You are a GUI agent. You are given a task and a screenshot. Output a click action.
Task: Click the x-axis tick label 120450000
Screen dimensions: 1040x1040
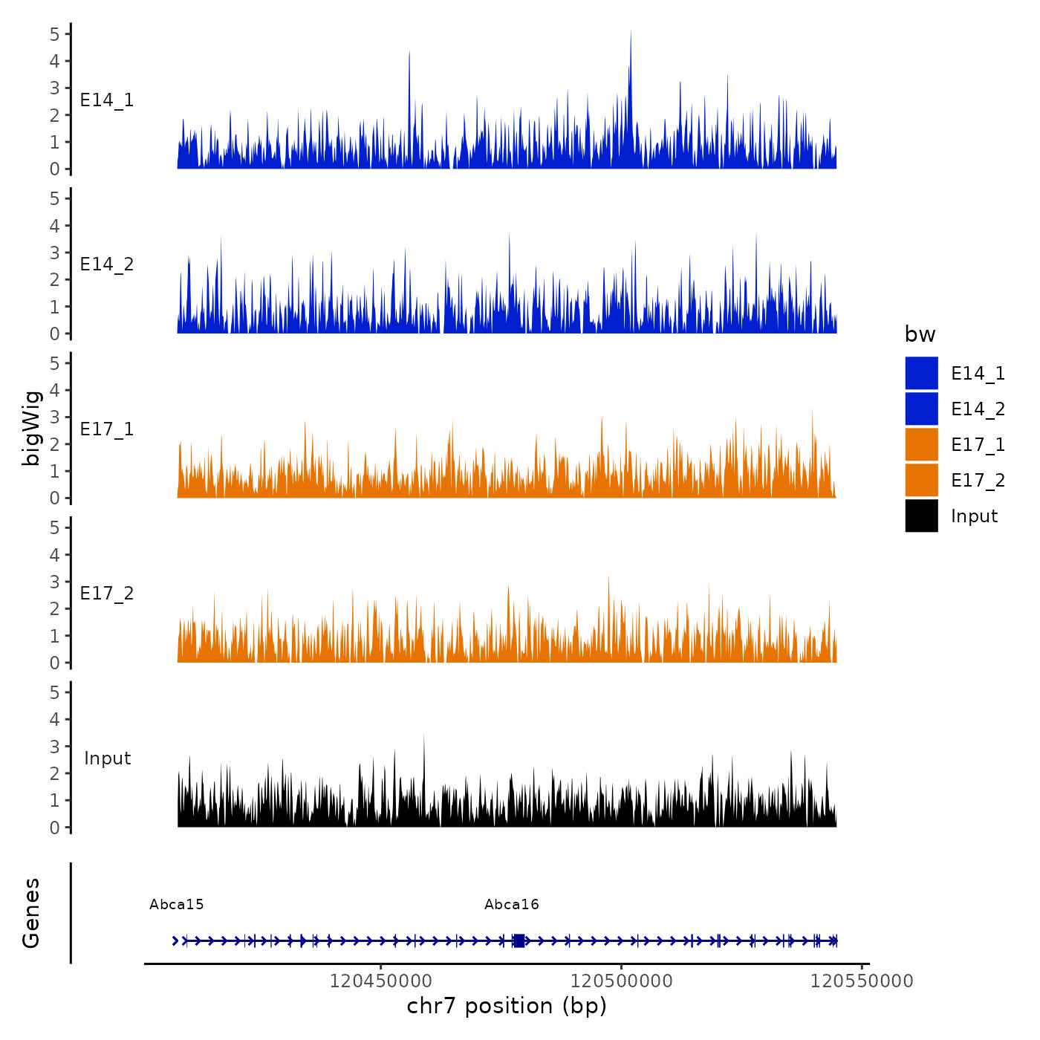click(x=380, y=981)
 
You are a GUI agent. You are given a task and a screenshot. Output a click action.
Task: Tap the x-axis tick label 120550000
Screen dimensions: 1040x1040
click(x=862, y=981)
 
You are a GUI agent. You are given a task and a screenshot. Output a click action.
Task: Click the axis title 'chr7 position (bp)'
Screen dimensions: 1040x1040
click(x=507, y=1006)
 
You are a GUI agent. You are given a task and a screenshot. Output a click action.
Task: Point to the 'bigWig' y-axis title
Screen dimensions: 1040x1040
click(x=31, y=428)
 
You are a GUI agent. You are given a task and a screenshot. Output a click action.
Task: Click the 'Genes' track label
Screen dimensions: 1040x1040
click(x=31, y=913)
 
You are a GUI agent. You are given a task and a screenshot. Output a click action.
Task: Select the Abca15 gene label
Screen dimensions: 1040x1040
click(x=177, y=905)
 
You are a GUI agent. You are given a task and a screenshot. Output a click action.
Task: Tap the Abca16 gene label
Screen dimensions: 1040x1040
click(x=512, y=905)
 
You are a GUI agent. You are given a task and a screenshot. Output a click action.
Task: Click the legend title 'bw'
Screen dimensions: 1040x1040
click(x=920, y=334)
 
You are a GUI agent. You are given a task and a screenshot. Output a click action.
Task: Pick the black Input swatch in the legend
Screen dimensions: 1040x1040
click(x=921, y=516)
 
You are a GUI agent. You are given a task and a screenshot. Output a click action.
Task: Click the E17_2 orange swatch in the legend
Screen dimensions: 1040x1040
click(x=921, y=481)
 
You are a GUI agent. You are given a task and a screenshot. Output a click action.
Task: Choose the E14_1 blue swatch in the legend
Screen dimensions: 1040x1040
click(x=921, y=373)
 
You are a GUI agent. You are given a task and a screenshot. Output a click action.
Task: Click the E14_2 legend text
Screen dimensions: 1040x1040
click(x=978, y=409)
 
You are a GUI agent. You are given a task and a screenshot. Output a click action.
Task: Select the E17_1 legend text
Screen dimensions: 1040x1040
click(x=978, y=445)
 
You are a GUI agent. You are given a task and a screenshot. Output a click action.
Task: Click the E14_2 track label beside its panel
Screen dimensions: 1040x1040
click(x=107, y=264)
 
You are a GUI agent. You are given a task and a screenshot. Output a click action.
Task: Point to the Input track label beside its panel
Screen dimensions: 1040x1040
click(x=107, y=758)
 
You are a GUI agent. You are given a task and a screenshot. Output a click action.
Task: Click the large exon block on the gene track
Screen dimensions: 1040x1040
click(x=519, y=940)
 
